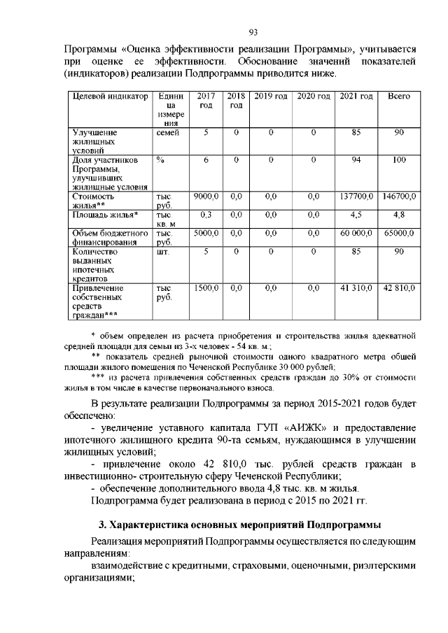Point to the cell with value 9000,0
(x=206, y=197)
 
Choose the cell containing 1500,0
(x=206, y=287)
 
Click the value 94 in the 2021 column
(x=356, y=160)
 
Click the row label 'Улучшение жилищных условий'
(x=97, y=141)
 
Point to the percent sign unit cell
(x=160, y=160)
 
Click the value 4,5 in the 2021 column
(x=356, y=215)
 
